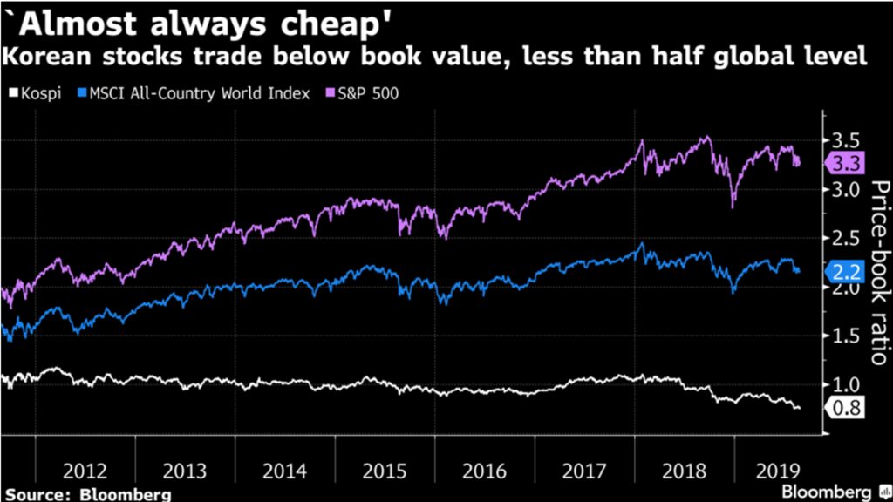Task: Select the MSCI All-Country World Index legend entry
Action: (x=193, y=93)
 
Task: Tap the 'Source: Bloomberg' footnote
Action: (x=86, y=493)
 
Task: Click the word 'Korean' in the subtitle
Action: (x=47, y=58)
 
